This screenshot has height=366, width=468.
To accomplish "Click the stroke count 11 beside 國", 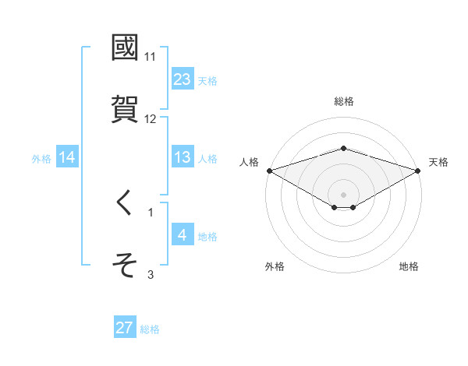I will (150, 57).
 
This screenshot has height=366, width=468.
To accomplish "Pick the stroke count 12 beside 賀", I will (151, 119).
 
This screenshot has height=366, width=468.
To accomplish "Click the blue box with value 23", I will (183, 79).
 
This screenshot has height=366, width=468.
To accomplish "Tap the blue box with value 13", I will (183, 157).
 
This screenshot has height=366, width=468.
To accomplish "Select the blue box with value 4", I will (183, 235).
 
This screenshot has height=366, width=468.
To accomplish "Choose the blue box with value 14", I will (67, 157).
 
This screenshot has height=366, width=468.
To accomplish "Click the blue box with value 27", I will (125, 328).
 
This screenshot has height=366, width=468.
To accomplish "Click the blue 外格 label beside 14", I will (41, 158).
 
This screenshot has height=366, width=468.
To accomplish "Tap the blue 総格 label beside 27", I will (150, 329).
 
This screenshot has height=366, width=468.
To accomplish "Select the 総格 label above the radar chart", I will (344, 101).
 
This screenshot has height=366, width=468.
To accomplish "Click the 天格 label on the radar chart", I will (439, 162).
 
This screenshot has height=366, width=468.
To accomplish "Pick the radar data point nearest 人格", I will (269, 171).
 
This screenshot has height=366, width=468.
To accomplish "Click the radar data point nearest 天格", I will (418, 171).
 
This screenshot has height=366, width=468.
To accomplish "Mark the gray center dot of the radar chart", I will (344, 195).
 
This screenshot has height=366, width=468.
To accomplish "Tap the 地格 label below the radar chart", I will (409, 267).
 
